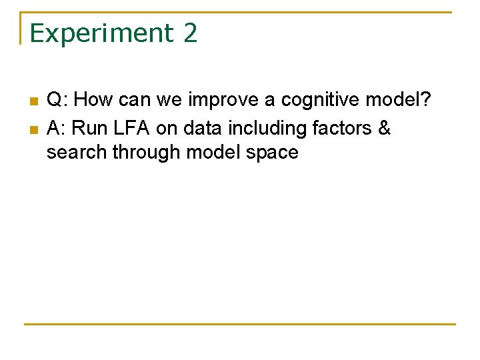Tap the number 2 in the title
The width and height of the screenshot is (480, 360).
[x=190, y=33]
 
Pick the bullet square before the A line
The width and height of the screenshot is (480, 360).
[x=33, y=128]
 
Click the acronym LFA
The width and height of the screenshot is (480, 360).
[x=130, y=127]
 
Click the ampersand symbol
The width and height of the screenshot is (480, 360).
[x=384, y=127]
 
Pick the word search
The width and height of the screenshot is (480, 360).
[x=77, y=153]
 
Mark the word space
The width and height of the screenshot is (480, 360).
[x=271, y=153]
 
